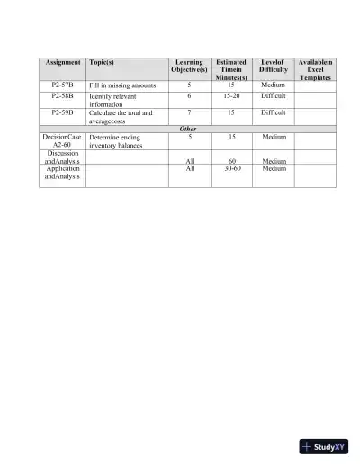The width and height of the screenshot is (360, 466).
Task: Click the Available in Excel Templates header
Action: coord(315,70)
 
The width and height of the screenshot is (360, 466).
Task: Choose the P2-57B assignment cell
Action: coord(62,85)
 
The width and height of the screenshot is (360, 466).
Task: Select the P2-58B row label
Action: coord(62,95)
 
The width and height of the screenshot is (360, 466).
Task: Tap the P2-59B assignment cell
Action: coord(62,113)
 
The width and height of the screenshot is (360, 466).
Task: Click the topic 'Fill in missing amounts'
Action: coord(122,85)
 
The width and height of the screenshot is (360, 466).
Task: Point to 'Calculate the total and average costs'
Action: coord(121,117)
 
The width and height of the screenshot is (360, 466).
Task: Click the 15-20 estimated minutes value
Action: coord(231,95)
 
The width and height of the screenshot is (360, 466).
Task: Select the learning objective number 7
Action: coord(189,113)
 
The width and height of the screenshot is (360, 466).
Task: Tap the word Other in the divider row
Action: coord(188,129)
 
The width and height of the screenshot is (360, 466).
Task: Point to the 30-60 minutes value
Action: coord(231,168)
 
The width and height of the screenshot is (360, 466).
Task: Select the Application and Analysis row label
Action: coord(62,173)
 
